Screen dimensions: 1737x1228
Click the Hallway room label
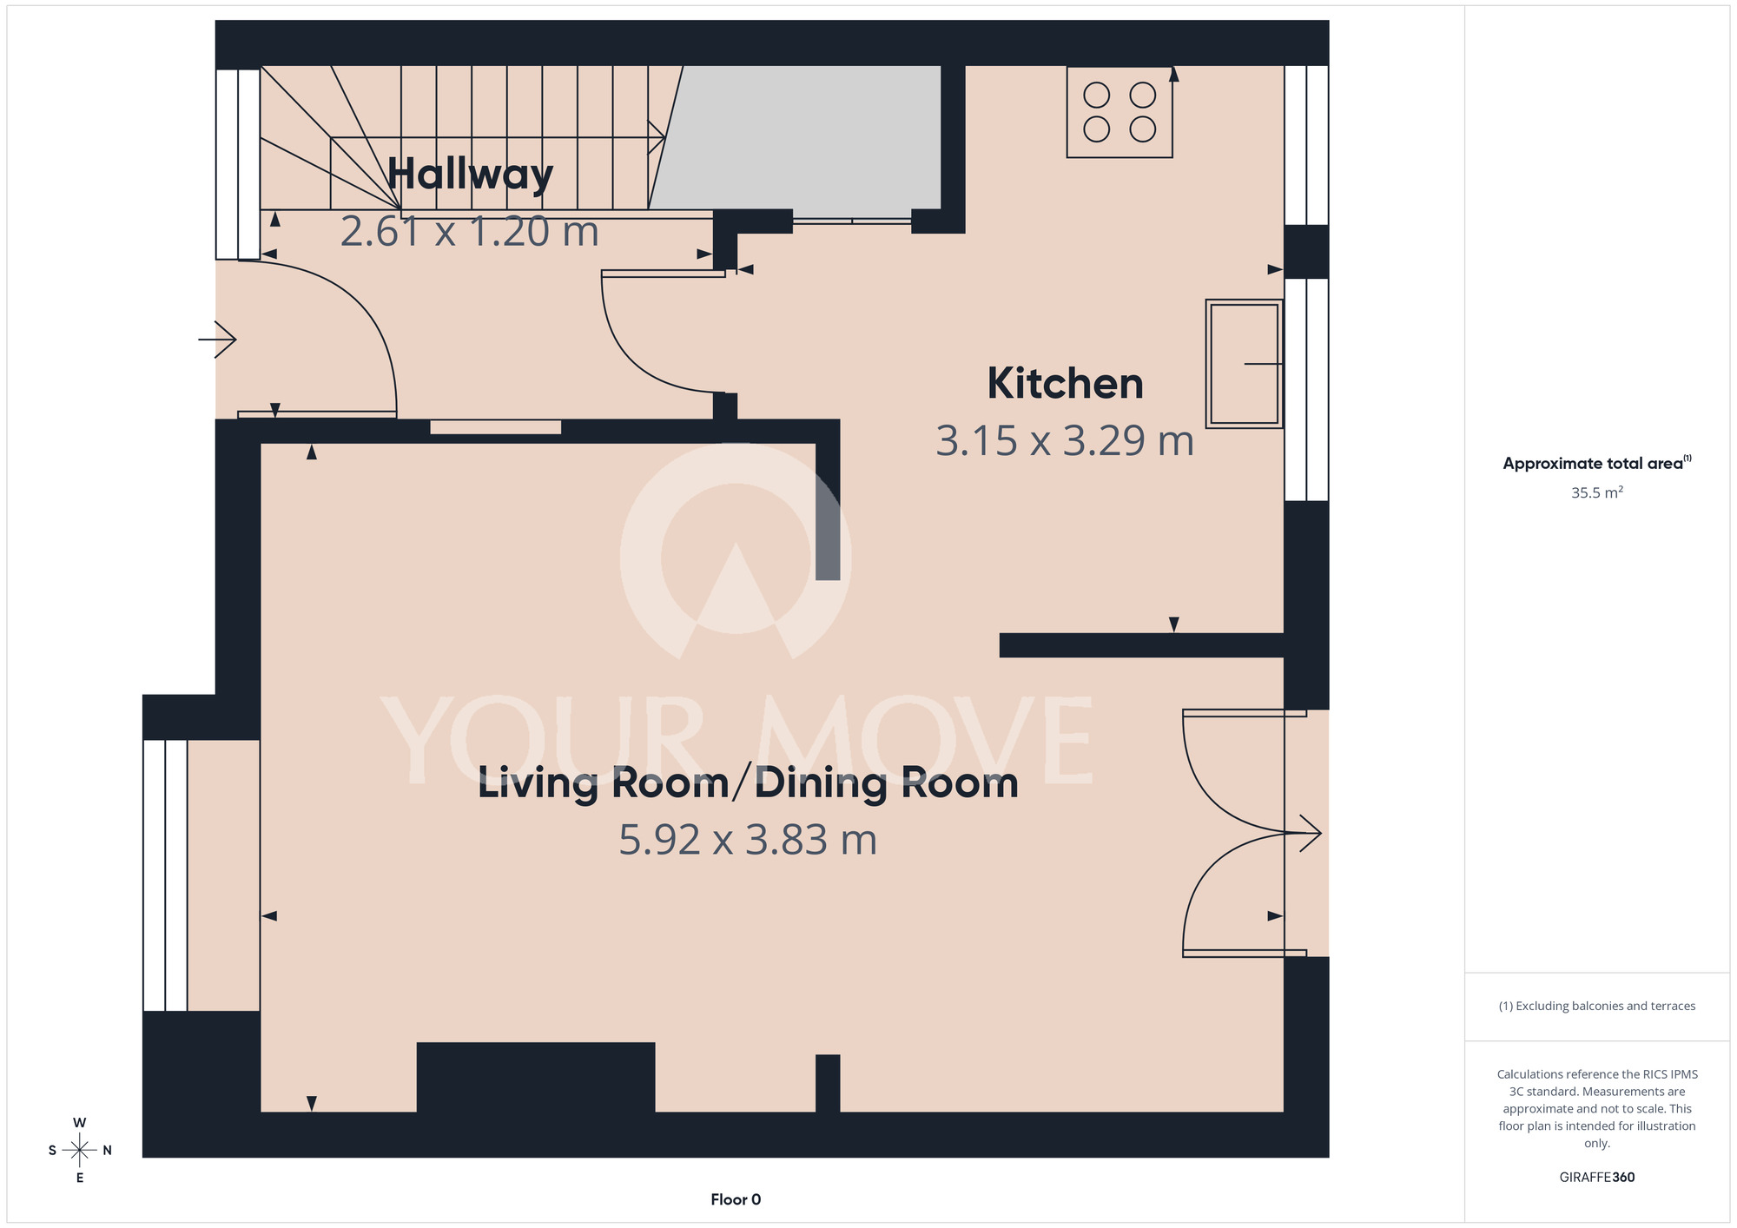(470, 175)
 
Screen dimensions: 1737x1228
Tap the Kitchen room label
(1065, 384)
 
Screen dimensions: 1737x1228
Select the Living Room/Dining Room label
(748, 783)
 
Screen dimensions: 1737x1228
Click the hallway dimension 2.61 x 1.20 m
(470, 231)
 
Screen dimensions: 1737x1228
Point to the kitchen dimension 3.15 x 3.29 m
(1065, 440)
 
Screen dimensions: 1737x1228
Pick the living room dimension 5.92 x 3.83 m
(748, 840)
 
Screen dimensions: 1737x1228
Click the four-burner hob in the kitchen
(1119, 112)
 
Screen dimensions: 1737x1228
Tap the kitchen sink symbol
(1245, 364)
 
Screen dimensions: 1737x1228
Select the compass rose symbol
(80, 1151)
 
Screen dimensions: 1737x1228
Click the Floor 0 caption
(736, 1199)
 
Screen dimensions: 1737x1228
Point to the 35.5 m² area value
(1597, 492)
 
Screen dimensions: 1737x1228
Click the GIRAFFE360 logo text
(1597, 1178)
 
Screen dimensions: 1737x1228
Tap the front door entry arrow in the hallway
(217, 339)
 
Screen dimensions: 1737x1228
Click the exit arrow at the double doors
(1303, 834)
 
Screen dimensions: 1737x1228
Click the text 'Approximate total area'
(1593, 464)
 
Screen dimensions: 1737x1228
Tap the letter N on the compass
(108, 1151)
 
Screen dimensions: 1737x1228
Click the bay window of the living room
(165, 875)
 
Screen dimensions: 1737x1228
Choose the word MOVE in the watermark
(925, 740)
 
